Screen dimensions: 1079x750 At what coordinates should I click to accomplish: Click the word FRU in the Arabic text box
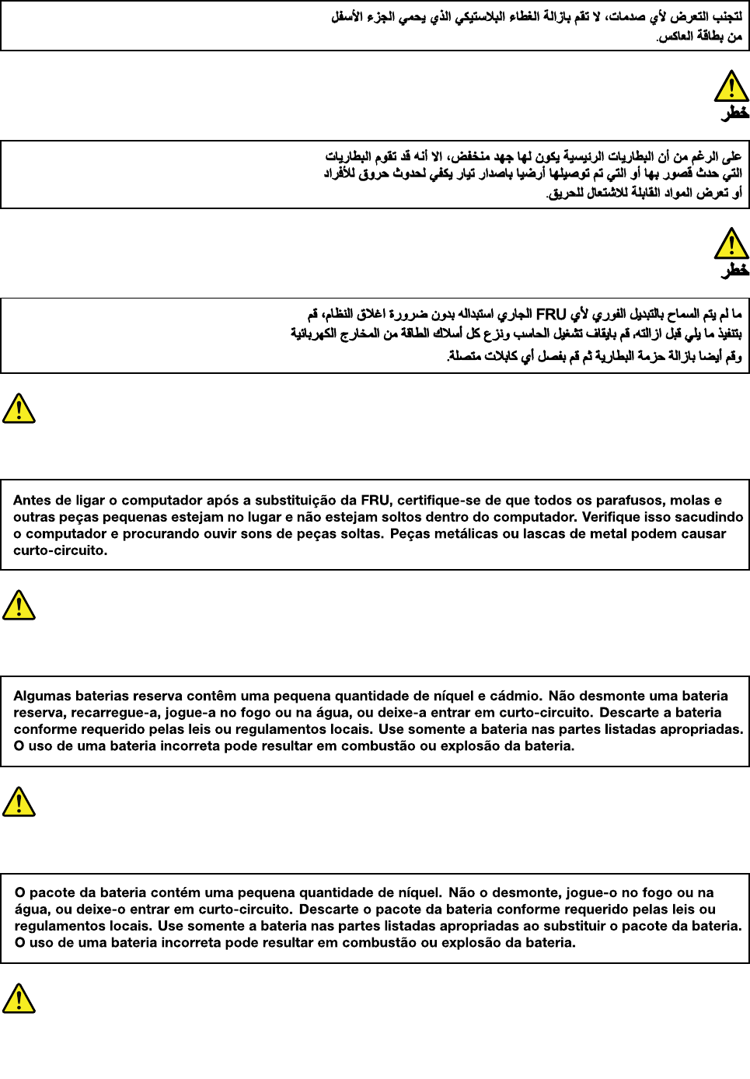[x=551, y=314]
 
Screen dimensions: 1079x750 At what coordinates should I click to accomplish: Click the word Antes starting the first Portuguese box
[x=32, y=501]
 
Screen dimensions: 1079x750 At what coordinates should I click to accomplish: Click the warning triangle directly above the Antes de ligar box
[x=19, y=408]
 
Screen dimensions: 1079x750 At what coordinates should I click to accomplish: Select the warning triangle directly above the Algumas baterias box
[x=19, y=605]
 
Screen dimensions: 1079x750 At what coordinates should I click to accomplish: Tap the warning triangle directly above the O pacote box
[x=19, y=801]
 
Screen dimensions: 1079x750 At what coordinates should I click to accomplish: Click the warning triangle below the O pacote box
[x=19, y=998]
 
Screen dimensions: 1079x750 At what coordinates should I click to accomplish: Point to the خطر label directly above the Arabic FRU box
[x=734, y=271]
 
